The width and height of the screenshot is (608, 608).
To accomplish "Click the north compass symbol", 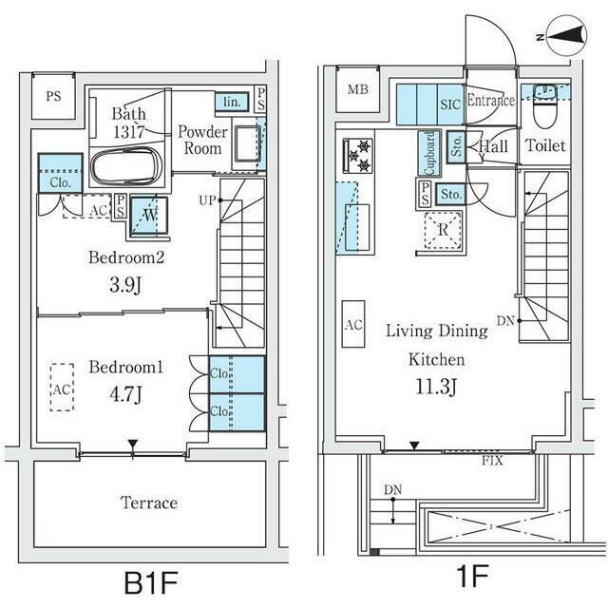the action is pos(566,36).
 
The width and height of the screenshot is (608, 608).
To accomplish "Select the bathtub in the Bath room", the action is pos(126,166).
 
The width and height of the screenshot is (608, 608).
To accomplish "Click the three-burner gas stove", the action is pos(358,156).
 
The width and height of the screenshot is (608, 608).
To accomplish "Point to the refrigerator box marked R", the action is pos(443,230).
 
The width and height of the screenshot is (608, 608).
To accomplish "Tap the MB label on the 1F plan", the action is pos(357,89).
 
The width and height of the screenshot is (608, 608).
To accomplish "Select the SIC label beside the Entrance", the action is pos(450,104).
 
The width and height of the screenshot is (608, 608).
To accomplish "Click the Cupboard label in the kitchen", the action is pos(429,153).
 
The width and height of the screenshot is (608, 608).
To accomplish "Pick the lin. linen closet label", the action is pos(232,102).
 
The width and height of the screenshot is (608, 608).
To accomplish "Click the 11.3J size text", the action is pos(437,387).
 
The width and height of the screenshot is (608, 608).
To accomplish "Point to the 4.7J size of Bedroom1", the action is pos(125,394).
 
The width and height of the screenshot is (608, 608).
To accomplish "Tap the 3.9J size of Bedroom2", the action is pos(125,285).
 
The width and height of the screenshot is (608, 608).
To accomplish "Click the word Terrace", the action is pos(149,503).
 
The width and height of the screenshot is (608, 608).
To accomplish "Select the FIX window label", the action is pos(492,461).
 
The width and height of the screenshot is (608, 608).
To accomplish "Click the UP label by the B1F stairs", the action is pos(207,200).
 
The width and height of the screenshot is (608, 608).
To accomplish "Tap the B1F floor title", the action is pos(151,582).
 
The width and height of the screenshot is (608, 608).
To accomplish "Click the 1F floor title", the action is pos(472,577).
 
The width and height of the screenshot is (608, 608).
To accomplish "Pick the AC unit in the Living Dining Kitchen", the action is pos(353,324).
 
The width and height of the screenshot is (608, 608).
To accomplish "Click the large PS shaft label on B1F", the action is pos(53,96).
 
